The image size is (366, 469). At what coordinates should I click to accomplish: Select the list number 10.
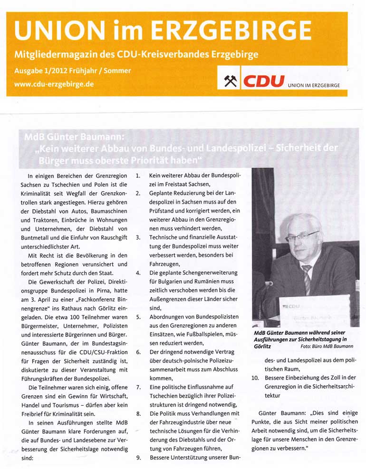[254, 378]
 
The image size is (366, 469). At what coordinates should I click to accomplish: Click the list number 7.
[138, 387]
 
